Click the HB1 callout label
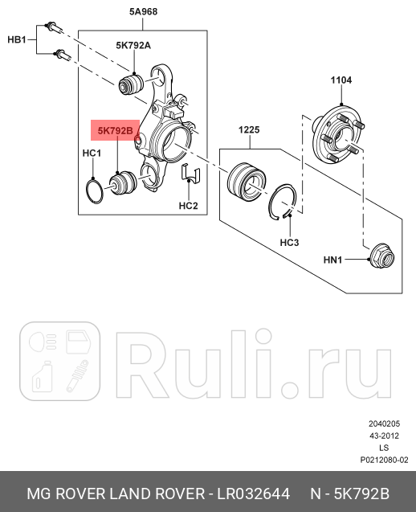pyautogui.click(x=17, y=39)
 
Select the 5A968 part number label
pyautogui.click(x=144, y=13)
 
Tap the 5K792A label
pyautogui.click(x=133, y=46)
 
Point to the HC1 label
pyautogui.click(x=92, y=153)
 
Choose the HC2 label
pyautogui.click(x=188, y=206)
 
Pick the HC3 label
pyautogui.click(x=289, y=242)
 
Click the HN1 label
pyautogui.click(x=333, y=260)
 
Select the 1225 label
pyautogui.click(x=249, y=130)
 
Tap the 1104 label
pyautogui.click(x=341, y=80)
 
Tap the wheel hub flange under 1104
pyautogui.click(x=336, y=135)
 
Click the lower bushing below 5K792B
pyautogui.click(x=122, y=184)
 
